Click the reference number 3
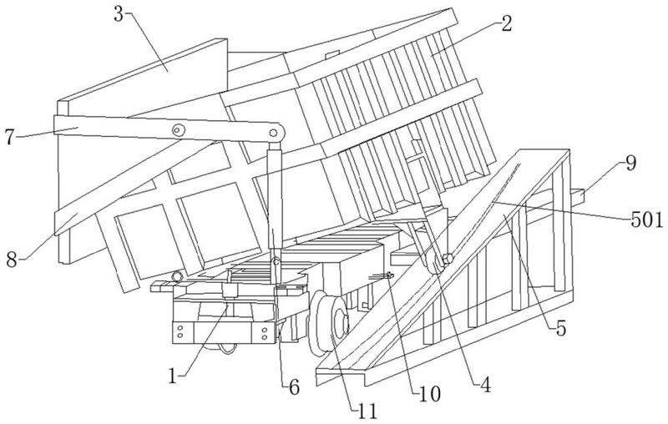(119, 14)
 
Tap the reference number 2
(506, 23)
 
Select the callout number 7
(10, 137)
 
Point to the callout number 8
(12, 260)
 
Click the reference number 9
(630, 163)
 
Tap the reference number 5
(561, 328)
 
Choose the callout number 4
(485, 385)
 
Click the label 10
(429, 395)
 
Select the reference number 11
(367, 411)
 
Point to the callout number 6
(294, 387)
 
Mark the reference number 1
(173, 376)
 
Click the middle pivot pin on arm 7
(179, 130)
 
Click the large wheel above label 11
(330, 324)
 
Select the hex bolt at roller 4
(448, 259)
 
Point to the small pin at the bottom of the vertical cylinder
(276, 261)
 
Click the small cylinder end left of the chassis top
(176, 277)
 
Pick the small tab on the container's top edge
(332, 54)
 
